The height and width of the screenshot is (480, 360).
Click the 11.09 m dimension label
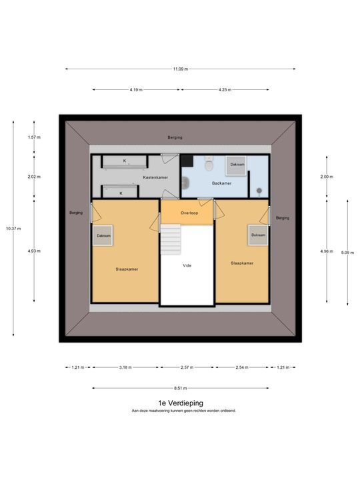180,69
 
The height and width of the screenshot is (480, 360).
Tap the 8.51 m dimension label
180,388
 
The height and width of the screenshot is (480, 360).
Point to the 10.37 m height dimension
13,229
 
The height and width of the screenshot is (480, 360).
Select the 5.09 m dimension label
347,253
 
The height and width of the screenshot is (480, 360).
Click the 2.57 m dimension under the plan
187,367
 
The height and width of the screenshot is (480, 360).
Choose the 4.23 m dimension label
225,90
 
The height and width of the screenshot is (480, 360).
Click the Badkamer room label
221,183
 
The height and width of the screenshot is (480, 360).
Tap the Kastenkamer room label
155,177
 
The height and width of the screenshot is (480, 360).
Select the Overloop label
189,213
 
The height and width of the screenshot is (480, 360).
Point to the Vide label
187,265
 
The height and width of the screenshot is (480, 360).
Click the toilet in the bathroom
209,164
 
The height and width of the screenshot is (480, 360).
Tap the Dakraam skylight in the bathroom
236,165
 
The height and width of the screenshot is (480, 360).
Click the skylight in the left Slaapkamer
103,235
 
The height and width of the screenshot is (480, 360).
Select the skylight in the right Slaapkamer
258,235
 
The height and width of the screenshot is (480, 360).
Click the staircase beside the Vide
171,239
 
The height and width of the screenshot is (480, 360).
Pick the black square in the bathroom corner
187,161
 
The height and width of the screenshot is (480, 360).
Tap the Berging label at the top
175,137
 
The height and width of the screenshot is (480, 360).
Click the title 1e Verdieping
181,403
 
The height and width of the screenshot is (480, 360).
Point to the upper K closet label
125,161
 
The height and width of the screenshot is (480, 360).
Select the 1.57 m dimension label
34,137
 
